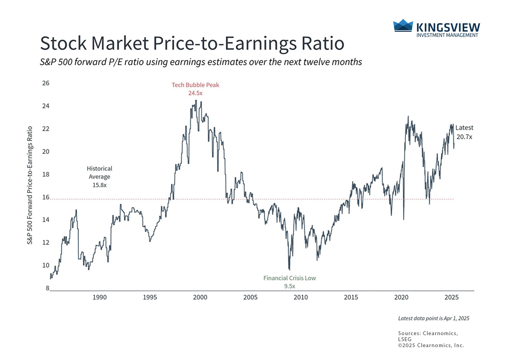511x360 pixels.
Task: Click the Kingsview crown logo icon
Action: click(x=403, y=26)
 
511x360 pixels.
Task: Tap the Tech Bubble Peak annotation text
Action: click(x=195, y=85)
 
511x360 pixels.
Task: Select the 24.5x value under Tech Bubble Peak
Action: click(x=195, y=93)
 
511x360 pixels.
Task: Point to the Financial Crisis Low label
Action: click(x=289, y=278)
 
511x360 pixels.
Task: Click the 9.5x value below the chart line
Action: click(x=289, y=286)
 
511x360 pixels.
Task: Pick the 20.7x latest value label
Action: click(x=464, y=137)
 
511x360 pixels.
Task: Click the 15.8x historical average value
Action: click(x=99, y=185)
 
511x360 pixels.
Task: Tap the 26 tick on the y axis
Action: click(x=46, y=83)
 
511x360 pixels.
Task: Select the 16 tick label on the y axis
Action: click(x=46, y=197)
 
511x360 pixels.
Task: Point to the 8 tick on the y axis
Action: click(x=47, y=288)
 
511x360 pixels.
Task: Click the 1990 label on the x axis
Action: click(x=99, y=297)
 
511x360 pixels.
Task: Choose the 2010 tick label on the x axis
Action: click(x=300, y=297)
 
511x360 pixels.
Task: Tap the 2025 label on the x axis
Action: click(x=451, y=297)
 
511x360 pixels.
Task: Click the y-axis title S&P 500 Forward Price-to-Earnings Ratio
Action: click(x=30, y=185)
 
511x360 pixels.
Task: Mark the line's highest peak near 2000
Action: click(x=196, y=100)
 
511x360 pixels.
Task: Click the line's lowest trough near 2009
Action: click(x=289, y=269)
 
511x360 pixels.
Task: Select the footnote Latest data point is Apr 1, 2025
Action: click(x=433, y=319)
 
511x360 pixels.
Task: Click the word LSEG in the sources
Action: click(x=405, y=339)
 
